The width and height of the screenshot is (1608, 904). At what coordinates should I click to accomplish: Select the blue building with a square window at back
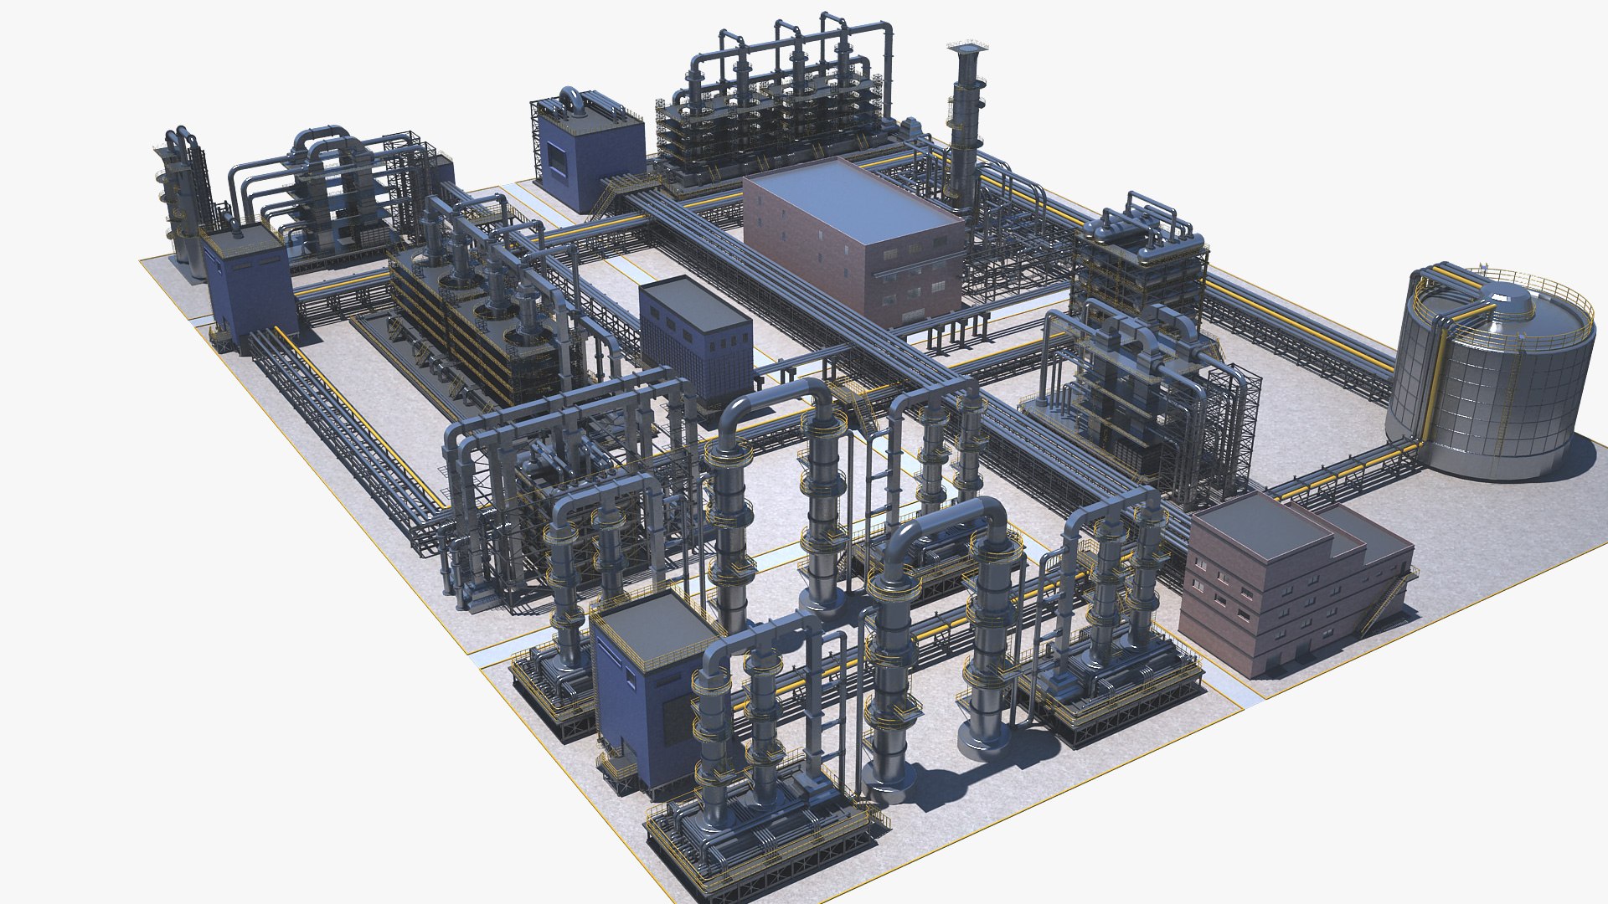[586, 159]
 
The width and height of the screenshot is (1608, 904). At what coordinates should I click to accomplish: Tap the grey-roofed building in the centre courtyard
[695, 335]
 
